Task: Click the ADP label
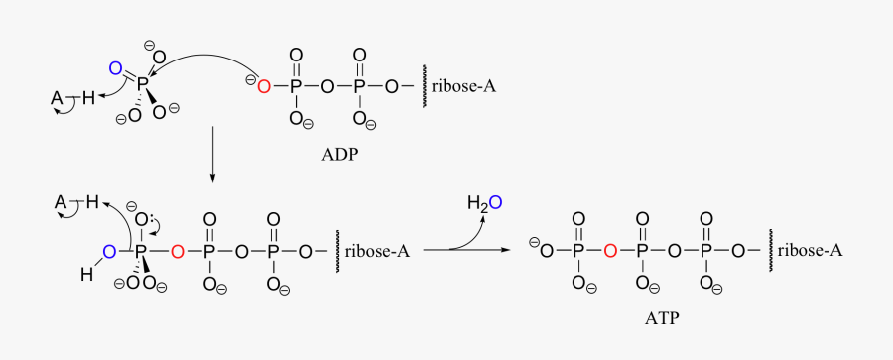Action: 339,156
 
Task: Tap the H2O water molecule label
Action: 485,203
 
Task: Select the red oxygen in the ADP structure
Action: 264,87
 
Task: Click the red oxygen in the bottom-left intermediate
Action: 177,252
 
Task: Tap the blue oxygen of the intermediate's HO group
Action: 109,250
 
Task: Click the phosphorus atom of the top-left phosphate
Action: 141,86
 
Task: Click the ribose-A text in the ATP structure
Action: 810,251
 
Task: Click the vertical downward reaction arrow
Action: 211,156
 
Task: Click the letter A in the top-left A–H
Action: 57,98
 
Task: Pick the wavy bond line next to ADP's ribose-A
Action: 425,87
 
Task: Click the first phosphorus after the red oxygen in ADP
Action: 296,87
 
